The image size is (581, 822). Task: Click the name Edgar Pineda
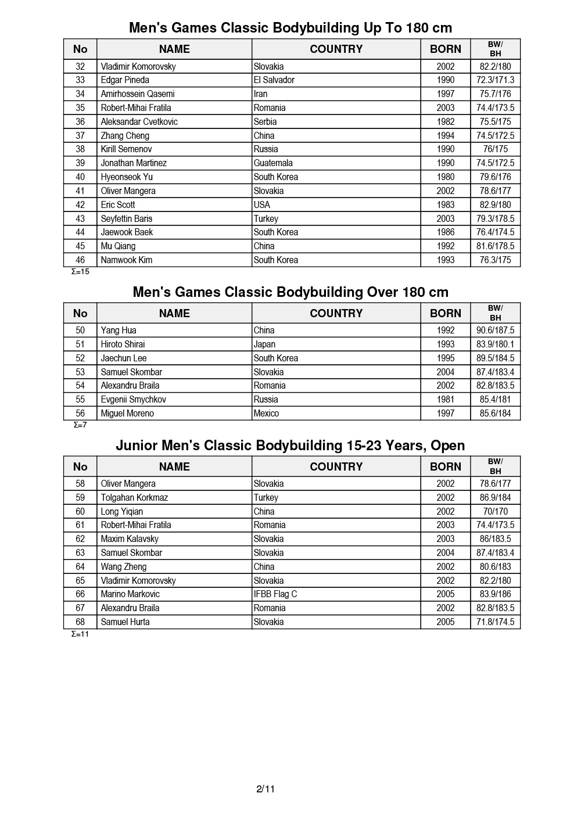click(x=125, y=80)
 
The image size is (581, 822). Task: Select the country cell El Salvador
click(x=274, y=80)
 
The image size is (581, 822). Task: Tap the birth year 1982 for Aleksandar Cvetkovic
click(x=446, y=121)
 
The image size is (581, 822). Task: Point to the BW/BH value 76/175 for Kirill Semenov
click(x=496, y=149)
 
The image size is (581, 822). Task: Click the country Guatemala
click(x=273, y=163)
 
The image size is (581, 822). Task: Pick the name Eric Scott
click(x=118, y=204)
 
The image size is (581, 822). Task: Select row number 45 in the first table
click(x=80, y=246)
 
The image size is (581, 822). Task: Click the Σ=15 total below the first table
click(x=80, y=271)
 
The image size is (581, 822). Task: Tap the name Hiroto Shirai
click(x=123, y=344)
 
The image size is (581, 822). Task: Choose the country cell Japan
click(x=264, y=344)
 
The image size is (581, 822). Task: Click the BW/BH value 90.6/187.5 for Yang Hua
click(x=496, y=331)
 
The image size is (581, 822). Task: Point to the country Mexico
click(x=266, y=414)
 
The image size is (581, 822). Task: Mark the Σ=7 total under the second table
click(x=80, y=425)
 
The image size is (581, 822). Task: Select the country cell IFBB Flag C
click(x=275, y=594)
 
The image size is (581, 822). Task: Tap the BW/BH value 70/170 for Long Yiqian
click(x=496, y=512)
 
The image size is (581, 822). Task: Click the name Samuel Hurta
click(x=125, y=622)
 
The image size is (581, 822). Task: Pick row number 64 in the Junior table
click(x=80, y=567)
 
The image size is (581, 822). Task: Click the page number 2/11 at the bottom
click(x=266, y=789)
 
